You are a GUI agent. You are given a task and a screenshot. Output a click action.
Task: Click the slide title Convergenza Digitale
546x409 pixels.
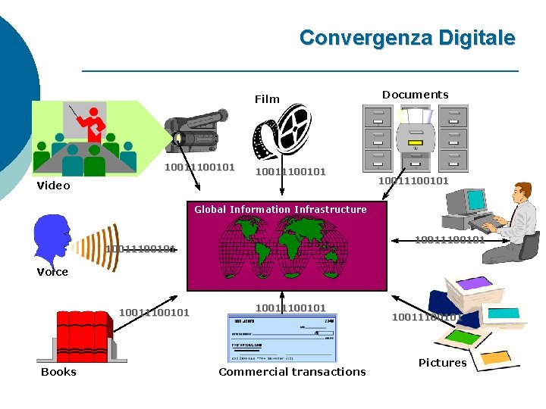407,38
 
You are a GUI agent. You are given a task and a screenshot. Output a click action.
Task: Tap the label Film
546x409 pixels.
267,99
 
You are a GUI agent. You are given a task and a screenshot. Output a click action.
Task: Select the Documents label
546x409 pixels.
415,95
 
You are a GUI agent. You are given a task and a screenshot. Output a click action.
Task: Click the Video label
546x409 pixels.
53,186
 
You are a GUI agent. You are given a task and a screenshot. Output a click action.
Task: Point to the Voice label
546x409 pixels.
52,272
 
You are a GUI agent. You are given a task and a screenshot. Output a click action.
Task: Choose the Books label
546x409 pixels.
58,372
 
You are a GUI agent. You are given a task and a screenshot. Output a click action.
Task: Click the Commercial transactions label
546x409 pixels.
292,372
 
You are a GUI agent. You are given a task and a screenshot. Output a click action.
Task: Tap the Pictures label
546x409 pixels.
442,363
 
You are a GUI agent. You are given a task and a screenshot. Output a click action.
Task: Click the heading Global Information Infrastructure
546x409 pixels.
280,210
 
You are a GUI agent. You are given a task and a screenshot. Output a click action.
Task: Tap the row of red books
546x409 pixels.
83,336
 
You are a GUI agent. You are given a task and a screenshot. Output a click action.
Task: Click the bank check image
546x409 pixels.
281,338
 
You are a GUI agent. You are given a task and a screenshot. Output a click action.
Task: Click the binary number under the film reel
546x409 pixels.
290,172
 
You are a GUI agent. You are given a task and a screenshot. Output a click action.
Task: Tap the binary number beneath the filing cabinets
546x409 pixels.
413,181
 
